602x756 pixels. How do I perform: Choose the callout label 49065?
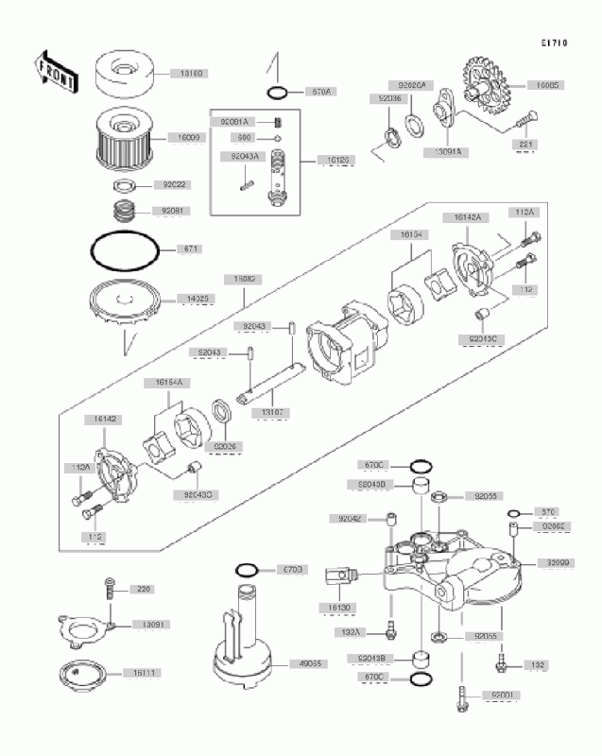coord(284,663)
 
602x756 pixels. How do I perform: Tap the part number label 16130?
coord(340,607)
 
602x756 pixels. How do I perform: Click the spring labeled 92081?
coord(123,211)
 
